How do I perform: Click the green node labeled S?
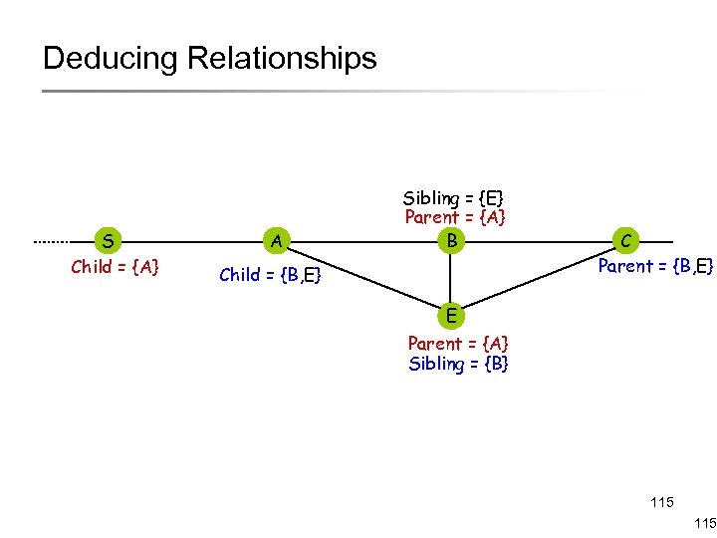point(108,241)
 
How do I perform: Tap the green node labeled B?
point(451,241)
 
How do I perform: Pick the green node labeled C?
point(624,241)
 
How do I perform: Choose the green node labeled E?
point(451,317)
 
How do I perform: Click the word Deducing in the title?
point(111,58)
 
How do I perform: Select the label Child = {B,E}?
point(270,275)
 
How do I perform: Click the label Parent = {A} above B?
point(455,217)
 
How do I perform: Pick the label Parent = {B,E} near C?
point(654,266)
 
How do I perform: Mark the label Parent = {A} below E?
point(458,344)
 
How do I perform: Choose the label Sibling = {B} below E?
point(458,364)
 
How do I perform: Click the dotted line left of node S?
point(62,241)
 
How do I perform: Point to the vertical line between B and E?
point(451,279)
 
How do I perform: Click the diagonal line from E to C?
point(538,279)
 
